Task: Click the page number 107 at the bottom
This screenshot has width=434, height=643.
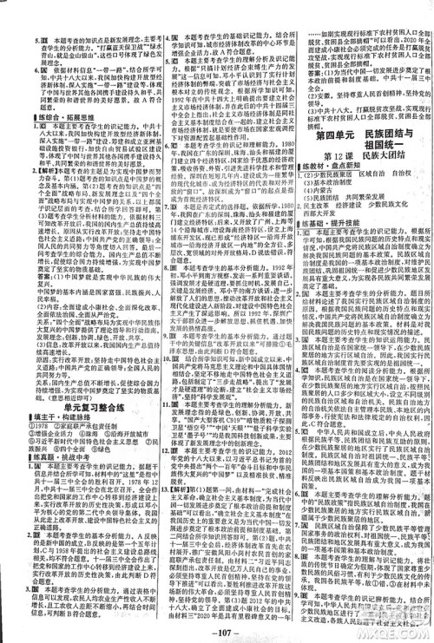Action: pos(218,627)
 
